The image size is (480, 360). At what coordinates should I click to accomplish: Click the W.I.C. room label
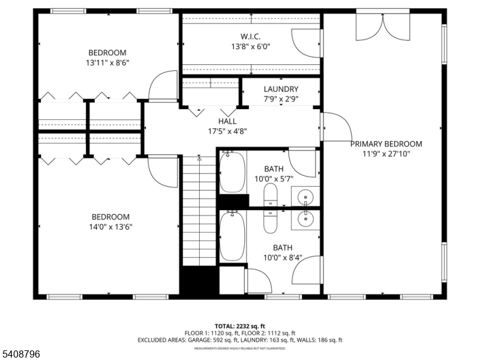(x=251, y=36)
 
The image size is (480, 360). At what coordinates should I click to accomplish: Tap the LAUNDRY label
(x=281, y=89)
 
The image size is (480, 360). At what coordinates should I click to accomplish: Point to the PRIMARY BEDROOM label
(x=386, y=143)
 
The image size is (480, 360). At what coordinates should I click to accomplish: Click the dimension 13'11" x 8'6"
(x=109, y=62)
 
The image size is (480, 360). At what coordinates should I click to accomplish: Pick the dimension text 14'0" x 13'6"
(x=110, y=227)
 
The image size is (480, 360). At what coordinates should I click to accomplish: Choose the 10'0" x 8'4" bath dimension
(x=283, y=257)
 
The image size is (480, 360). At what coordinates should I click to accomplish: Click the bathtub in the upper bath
(x=233, y=172)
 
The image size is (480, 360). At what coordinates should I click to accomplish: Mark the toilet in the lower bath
(x=271, y=221)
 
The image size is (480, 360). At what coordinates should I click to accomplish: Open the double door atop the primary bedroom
(x=382, y=25)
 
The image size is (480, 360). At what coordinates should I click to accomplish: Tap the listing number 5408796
(x=20, y=354)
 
